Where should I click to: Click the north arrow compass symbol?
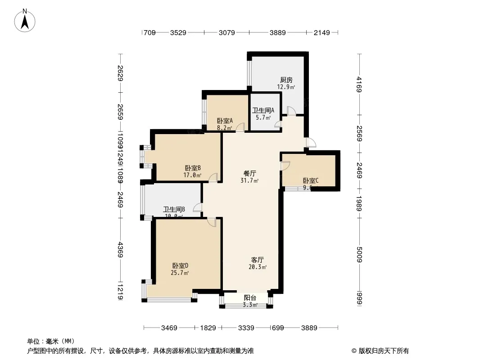pyautogui.click(x=25, y=20)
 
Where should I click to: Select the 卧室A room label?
pyautogui.click(x=224, y=121)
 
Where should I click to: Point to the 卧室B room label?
pyautogui.click(x=193, y=167)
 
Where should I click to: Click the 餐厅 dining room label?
pyautogui.click(x=250, y=173)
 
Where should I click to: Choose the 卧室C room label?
pyautogui.click(x=311, y=181)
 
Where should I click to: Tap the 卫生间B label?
pyautogui.click(x=174, y=209)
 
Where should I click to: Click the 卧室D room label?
pyautogui.click(x=180, y=265)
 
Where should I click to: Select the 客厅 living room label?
pyautogui.click(x=258, y=260)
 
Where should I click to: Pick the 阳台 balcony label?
pyautogui.click(x=250, y=297)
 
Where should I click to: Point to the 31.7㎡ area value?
pyautogui.click(x=250, y=181)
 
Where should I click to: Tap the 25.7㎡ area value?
pyautogui.click(x=180, y=273)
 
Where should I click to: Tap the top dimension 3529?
pyautogui.click(x=178, y=32)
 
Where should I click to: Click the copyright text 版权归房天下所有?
pyautogui.click(x=380, y=351)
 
